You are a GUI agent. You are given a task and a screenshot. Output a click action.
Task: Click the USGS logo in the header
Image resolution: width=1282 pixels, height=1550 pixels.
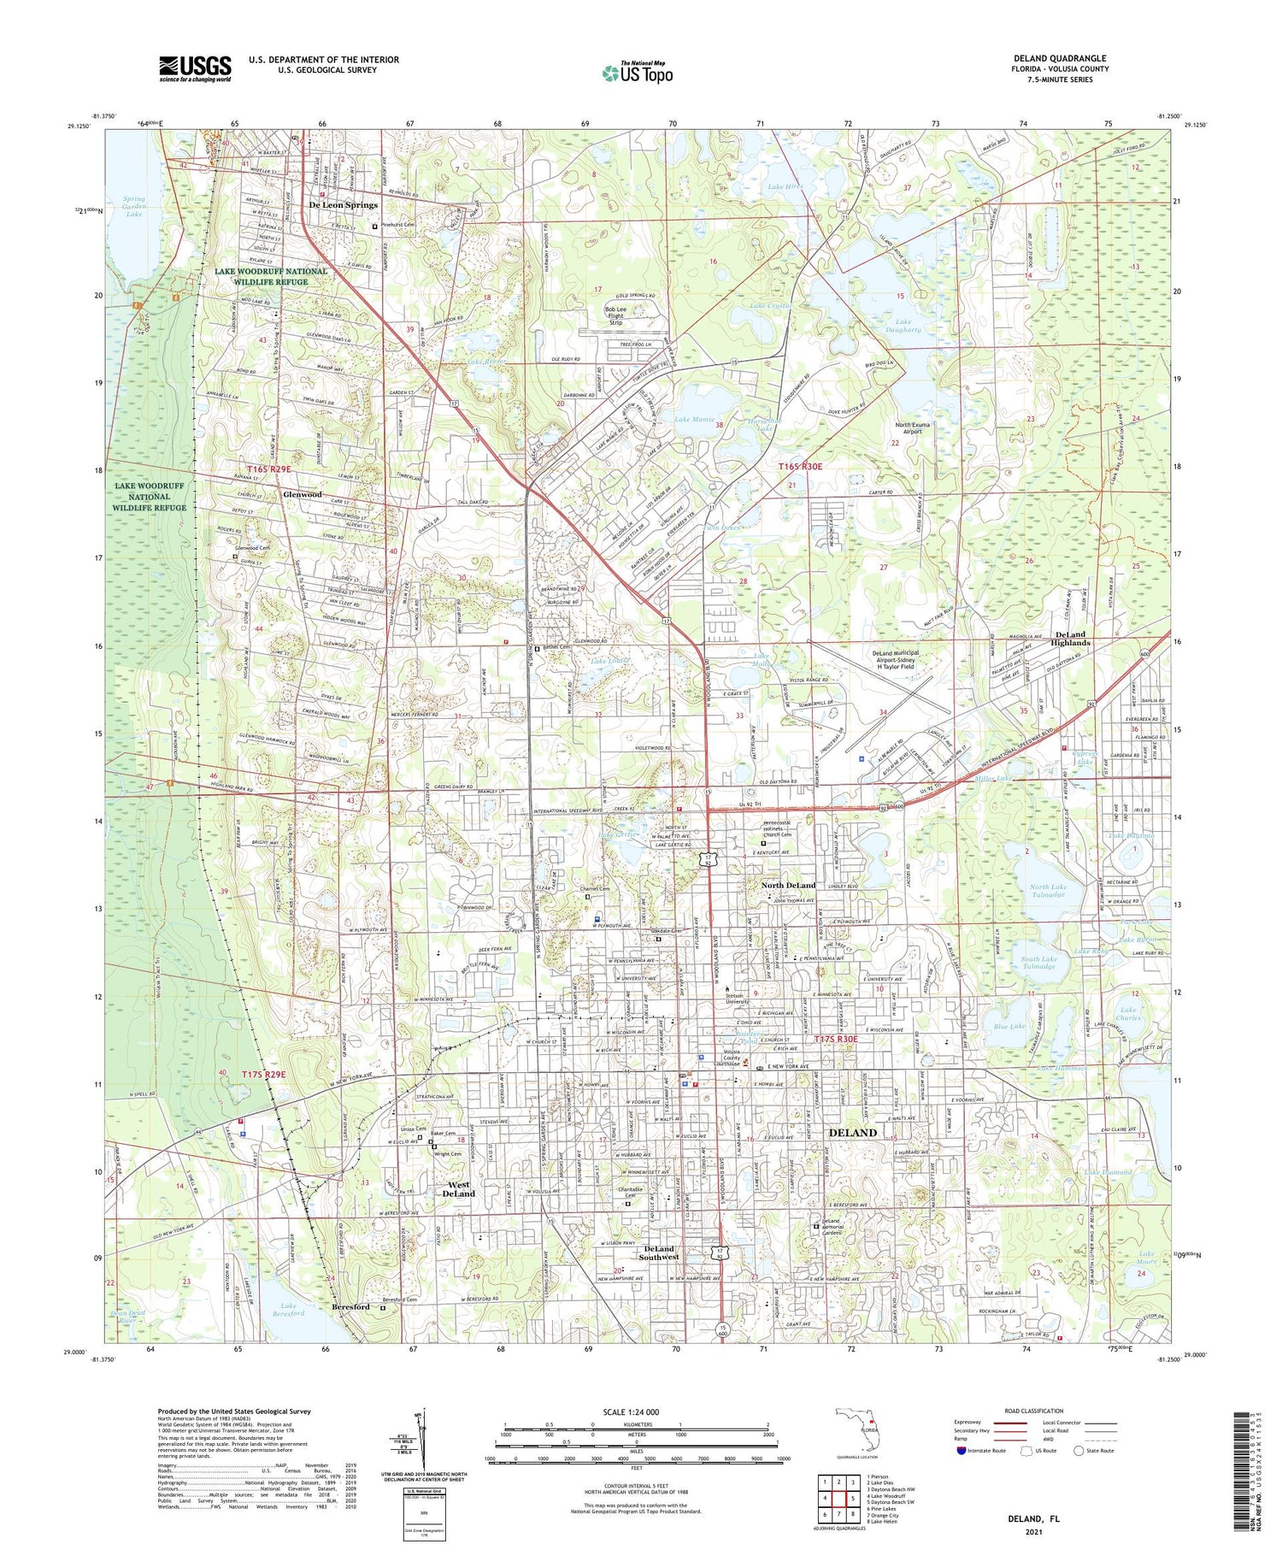[x=195, y=68]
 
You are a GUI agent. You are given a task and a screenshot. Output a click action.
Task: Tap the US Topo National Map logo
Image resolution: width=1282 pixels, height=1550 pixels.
[x=637, y=72]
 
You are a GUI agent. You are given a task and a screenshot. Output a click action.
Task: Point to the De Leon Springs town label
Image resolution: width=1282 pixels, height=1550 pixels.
[x=343, y=205]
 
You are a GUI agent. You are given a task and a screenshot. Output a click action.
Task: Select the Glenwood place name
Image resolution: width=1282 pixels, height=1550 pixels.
[x=303, y=494]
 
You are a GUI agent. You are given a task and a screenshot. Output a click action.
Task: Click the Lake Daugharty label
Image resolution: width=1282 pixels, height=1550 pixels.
[x=903, y=326]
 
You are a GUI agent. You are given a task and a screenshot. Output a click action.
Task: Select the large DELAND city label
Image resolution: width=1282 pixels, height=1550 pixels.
[x=853, y=1132]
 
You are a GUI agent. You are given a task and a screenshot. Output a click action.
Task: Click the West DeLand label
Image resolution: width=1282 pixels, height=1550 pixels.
[x=458, y=1189]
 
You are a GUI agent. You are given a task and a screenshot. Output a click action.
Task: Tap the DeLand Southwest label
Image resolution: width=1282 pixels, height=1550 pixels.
[x=659, y=1252]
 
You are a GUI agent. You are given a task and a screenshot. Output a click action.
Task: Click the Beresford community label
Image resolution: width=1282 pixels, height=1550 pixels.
[x=350, y=1307]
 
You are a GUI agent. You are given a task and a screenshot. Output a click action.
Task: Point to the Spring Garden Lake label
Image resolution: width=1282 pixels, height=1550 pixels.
[x=134, y=206]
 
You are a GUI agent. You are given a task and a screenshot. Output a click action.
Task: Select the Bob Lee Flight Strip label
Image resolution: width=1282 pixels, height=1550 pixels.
[x=626, y=315]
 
